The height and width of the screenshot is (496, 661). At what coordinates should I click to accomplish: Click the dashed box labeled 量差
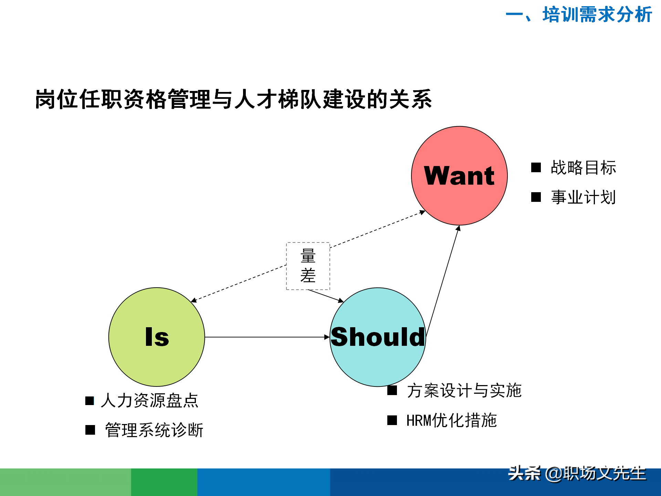308,266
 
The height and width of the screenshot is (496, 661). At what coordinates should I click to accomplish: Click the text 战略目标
583,168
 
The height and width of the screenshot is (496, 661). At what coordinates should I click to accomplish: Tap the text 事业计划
583,197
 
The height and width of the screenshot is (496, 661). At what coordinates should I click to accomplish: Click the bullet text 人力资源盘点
150,401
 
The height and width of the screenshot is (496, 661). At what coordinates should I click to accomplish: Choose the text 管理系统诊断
154,430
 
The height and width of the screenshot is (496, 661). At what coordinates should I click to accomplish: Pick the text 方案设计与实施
464,391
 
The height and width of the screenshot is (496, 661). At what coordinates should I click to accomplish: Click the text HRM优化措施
451,420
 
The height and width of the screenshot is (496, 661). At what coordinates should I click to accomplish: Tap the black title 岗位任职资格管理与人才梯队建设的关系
233,99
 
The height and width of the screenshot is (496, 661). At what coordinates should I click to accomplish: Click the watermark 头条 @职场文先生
577,474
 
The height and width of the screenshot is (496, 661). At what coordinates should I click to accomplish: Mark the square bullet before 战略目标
536,168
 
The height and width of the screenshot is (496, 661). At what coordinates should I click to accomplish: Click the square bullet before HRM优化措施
392,420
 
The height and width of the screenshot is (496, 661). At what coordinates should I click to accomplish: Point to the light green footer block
65,482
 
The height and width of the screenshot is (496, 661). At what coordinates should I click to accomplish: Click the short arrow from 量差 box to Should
325,296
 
